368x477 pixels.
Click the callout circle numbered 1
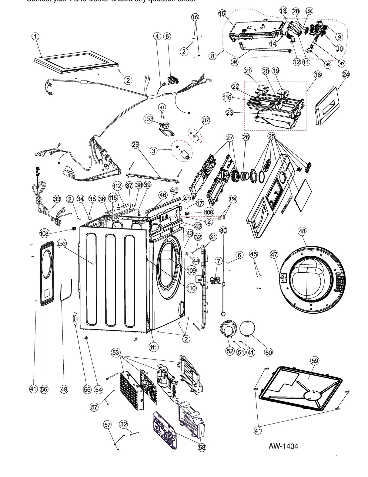35,36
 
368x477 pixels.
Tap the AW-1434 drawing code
283,446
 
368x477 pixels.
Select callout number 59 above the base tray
315,361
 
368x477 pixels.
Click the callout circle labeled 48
302,231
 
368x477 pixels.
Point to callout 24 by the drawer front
346,74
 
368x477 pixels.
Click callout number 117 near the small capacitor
205,120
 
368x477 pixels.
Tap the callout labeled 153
149,119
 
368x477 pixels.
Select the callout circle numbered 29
135,145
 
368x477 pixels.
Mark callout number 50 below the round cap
269,352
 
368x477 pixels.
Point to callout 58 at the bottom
202,447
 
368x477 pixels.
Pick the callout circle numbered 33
57,199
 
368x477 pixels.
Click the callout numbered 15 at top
222,13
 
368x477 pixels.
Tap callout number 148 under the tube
234,62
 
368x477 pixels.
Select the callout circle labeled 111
153,347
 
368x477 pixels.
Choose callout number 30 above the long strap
223,230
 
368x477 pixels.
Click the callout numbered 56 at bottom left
44,389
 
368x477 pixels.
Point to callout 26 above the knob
246,137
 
